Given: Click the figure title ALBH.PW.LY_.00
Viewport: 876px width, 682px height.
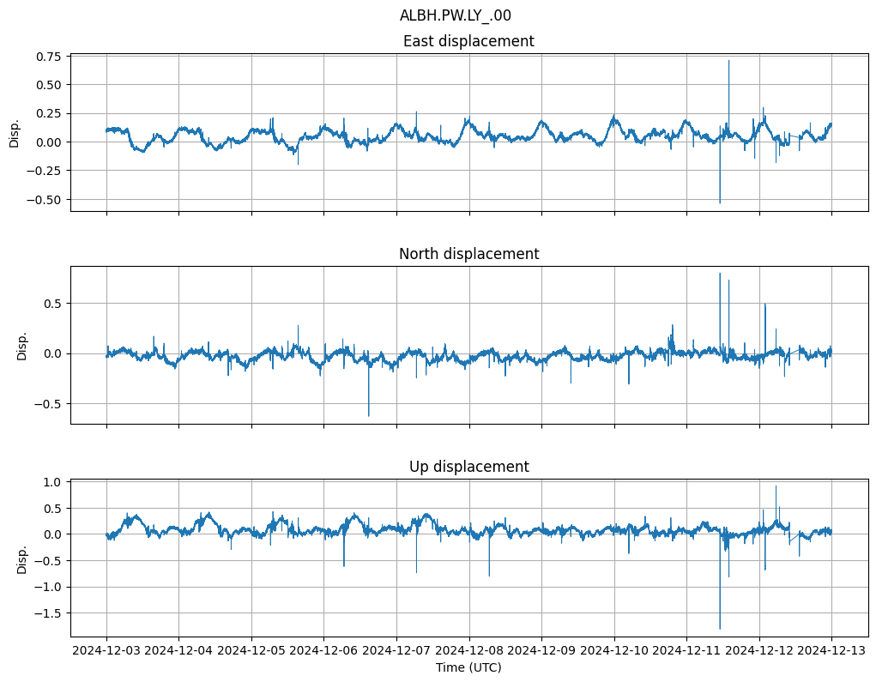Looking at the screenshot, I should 455,15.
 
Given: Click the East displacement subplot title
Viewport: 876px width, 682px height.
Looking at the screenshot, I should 468,41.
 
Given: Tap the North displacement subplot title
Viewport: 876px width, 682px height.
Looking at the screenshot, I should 468,254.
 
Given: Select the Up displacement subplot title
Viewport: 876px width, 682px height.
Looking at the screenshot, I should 468,467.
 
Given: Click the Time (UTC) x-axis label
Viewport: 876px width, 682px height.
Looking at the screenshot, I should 468,667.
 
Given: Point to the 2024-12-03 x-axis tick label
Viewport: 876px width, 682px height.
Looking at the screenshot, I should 106,650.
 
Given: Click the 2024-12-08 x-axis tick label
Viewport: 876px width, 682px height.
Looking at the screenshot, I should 468,650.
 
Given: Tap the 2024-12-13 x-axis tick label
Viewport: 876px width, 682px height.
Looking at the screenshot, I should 831,650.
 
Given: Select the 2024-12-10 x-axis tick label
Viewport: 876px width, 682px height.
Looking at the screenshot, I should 613,650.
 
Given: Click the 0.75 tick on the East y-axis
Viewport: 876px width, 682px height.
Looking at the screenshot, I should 48,57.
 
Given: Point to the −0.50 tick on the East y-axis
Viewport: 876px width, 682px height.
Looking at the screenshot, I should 45,199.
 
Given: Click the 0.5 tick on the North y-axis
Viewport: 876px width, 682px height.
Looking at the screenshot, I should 53,304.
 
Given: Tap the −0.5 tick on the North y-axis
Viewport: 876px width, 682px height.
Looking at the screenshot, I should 50,404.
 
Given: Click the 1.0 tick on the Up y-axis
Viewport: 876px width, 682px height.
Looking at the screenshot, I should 53,482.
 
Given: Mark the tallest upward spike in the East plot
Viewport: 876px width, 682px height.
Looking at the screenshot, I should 728,61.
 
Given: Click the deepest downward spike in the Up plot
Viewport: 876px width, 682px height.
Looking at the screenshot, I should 720,628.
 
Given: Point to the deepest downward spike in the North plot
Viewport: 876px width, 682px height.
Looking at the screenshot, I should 369,415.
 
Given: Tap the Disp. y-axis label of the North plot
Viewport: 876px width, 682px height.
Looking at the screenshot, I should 21,346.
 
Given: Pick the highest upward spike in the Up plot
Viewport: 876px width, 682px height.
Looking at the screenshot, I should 776,487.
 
